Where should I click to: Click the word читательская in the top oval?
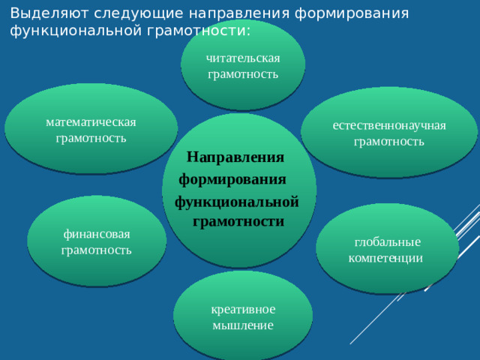(x=243, y=58)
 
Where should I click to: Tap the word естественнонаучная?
(x=389, y=124)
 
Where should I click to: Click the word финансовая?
(x=96, y=234)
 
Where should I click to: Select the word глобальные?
(x=388, y=241)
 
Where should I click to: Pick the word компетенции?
(x=386, y=257)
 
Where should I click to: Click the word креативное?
(x=243, y=309)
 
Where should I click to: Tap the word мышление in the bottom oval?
(x=243, y=325)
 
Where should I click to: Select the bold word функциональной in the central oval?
(x=237, y=202)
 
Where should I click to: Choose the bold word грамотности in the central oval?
(x=238, y=221)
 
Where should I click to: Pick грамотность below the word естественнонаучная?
(x=389, y=141)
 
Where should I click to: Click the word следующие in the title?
(x=126, y=13)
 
